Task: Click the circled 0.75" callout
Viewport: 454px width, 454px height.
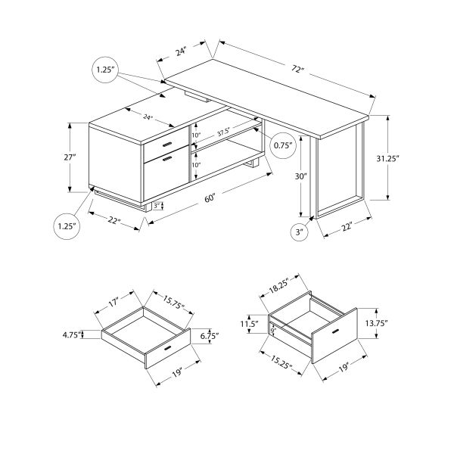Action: tap(283, 145)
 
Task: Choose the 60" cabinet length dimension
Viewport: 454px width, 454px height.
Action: tap(210, 198)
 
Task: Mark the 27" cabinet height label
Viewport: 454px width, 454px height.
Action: tap(70, 157)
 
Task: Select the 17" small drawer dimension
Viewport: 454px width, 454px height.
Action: tap(113, 301)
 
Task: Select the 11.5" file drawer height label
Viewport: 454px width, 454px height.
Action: tap(250, 325)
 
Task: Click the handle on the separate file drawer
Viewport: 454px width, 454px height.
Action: tap(334, 334)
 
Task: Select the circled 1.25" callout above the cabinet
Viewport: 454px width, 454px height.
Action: tap(105, 70)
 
